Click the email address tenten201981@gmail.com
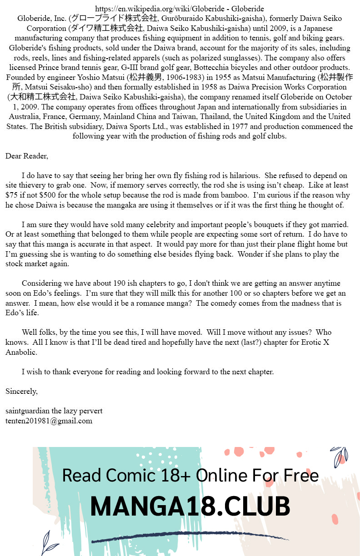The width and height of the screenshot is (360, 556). tap(49, 421)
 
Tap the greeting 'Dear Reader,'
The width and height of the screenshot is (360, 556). tap(26, 156)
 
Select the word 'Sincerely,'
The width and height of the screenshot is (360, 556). tap(21, 391)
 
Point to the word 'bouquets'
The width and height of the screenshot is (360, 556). tap(271, 225)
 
